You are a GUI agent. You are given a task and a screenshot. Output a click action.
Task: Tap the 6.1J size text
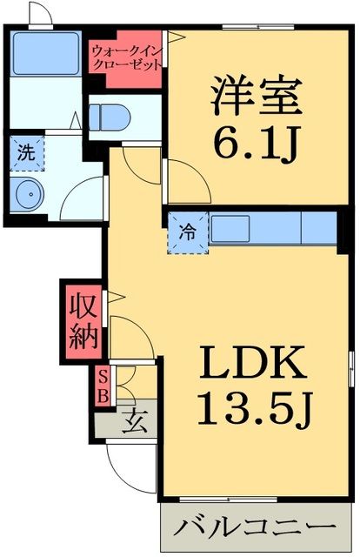coord(255,144)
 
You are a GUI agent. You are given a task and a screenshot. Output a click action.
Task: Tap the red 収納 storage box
coord(81,320)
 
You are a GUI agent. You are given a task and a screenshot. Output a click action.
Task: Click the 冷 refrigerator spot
coord(187,231)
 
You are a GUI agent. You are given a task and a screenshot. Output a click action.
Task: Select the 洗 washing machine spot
coord(27,151)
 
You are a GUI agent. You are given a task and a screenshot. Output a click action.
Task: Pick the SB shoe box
coord(103,386)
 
